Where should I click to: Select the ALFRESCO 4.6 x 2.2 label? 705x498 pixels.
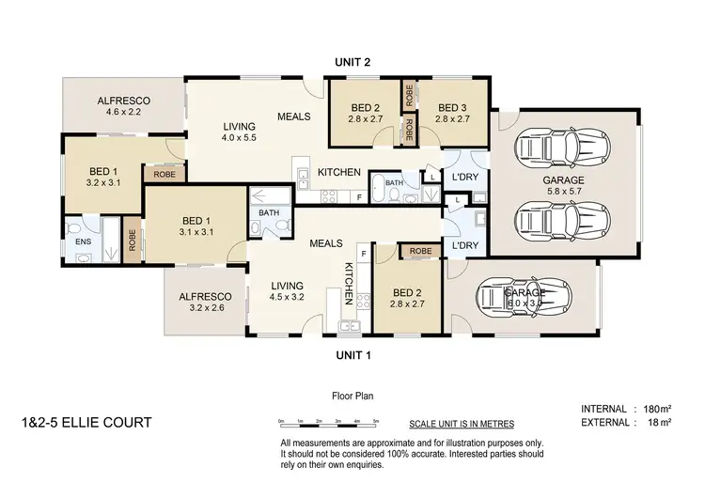click(x=124, y=106)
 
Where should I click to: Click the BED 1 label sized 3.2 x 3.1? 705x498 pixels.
click(x=103, y=177)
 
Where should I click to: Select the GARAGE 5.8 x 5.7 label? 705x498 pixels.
click(x=563, y=186)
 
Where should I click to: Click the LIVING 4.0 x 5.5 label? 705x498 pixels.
click(x=239, y=132)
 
